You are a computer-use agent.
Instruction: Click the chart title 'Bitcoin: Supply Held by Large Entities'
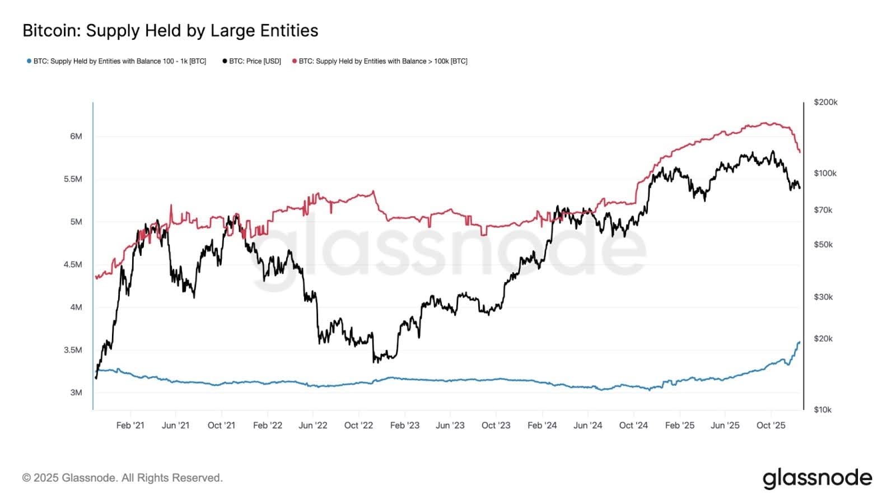pyautogui.click(x=170, y=31)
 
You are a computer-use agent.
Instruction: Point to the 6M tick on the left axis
pyautogui.click(x=76, y=136)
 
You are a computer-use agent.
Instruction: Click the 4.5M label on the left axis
pyautogui.click(x=73, y=264)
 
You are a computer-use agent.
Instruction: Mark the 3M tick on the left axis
pyautogui.click(x=76, y=393)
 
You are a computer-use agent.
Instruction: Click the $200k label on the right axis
pyautogui.click(x=825, y=102)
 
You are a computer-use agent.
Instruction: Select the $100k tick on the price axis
pyautogui.click(x=825, y=173)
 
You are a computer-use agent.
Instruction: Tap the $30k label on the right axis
pyautogui.click(x=823, y=297)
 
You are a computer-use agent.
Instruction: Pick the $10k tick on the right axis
pyautogui.click(x=823, y=409)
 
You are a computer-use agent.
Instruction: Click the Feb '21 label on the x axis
pyautogui.click(x=130, y=426)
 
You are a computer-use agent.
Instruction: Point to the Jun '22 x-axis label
pyautogui.click(x=313, y=426)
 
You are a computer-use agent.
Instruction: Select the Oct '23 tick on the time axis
pyautogui.click(x=496, y=426)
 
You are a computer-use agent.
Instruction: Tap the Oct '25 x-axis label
pyautogui.click(x=771, y=426)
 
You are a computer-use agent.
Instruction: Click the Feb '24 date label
pyautogui.click(x=542, y=426)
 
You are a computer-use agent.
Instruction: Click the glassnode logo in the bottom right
pyautogui.click(x=817, y=478)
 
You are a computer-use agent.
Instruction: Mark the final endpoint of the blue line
pyautogui.click(x=799, y=342)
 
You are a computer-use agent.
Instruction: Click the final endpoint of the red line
pyautogui.click(x=800, y=152)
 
